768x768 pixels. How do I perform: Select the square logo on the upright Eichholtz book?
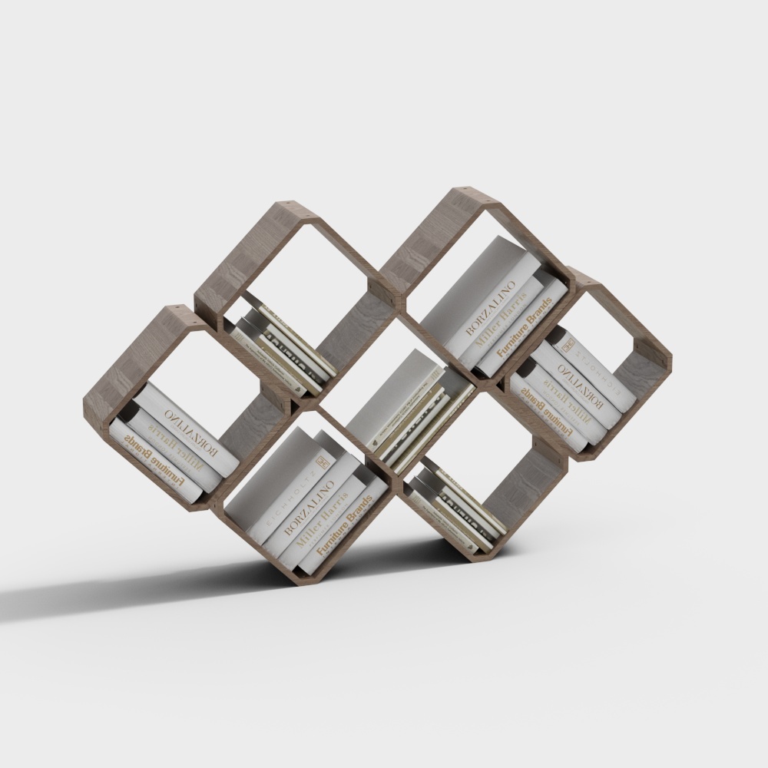(323, 462)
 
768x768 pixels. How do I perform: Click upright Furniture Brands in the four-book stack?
(346, 530)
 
